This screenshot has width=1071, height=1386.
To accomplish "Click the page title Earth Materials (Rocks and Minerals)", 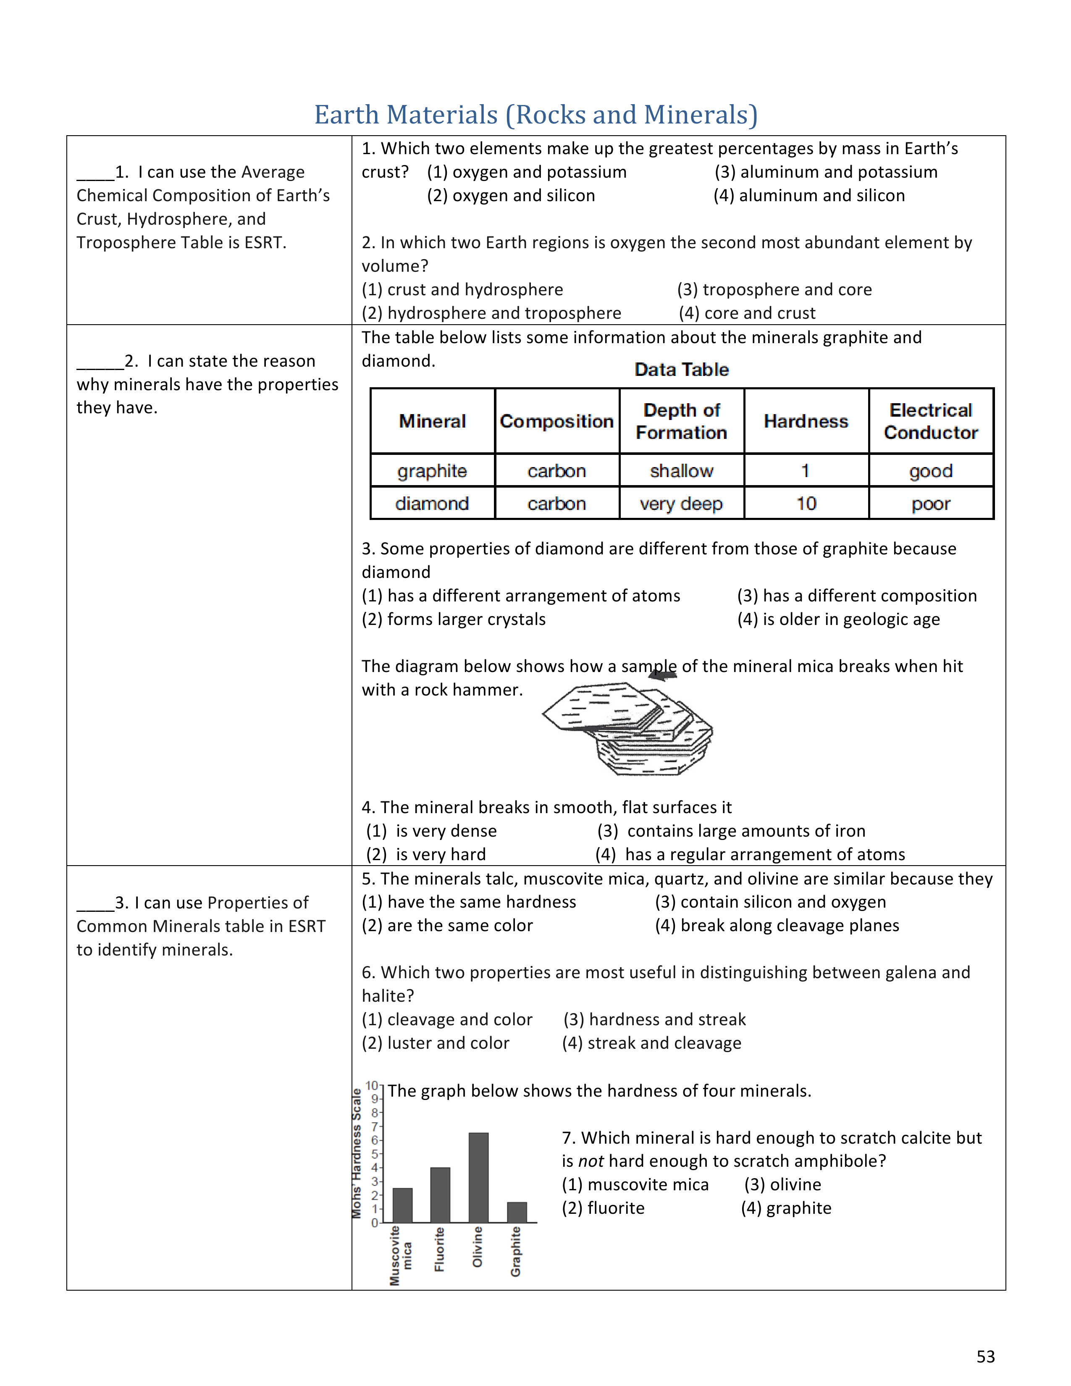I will (536, 115).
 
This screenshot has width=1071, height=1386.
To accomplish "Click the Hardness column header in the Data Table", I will (806, 421).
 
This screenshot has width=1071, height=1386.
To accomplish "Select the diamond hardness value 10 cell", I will (806, 504).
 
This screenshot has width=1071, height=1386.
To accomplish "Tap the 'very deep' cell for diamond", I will (681, 504).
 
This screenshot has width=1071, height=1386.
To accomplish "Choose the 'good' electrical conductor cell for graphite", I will (931, 471).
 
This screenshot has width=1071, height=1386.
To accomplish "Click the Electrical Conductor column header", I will (931, 421).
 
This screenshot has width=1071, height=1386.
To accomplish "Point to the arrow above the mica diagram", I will (662, 675).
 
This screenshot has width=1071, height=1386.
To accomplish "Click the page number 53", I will (985, 1356).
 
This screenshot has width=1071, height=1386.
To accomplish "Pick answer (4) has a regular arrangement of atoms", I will (750, 854).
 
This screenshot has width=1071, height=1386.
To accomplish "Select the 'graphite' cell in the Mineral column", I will (432, 471).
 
